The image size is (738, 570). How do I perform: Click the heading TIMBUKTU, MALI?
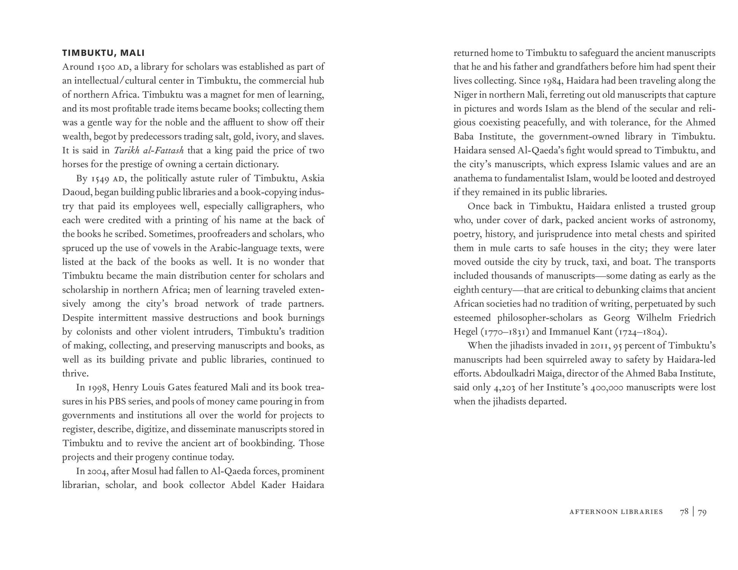click(103, 53)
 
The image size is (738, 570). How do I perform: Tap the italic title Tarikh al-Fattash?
click(149, 150)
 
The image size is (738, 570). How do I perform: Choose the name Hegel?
click(466, 332)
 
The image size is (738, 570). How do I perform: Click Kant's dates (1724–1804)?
click(640, 332)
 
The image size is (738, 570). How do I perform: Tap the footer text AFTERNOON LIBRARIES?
click(616, 512)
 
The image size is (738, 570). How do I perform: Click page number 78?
click(684, 512)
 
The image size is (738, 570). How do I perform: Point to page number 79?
click(702, 512)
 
